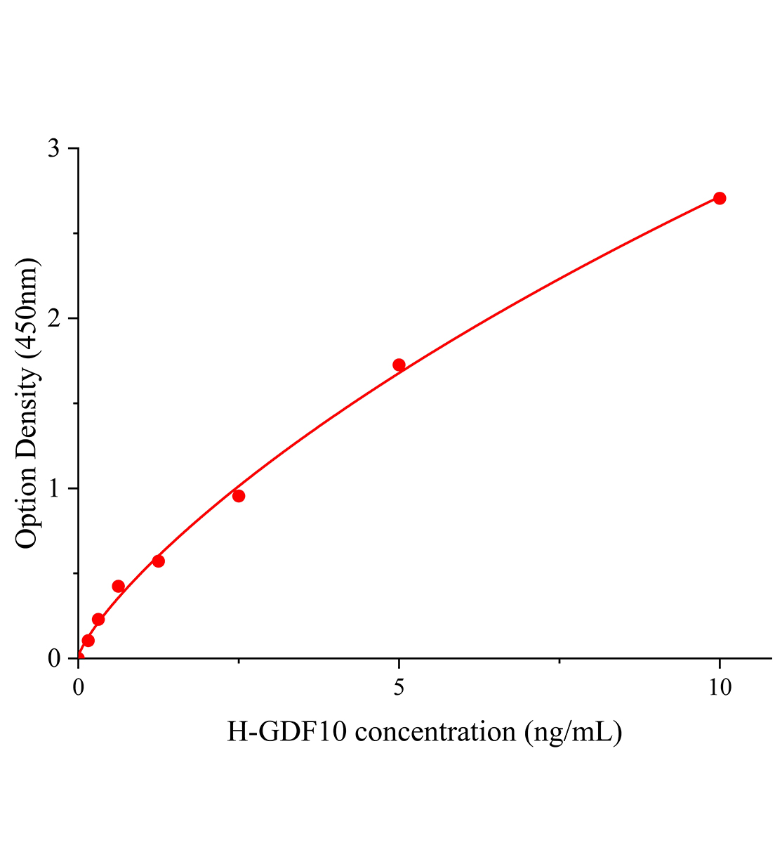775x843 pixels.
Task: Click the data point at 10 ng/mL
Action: (719, 198)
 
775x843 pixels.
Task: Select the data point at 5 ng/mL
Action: (399, 365)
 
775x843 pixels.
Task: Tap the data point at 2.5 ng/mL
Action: (239, 496)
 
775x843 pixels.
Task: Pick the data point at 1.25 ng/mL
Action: (159, 561)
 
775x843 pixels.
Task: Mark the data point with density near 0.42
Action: (119, 587)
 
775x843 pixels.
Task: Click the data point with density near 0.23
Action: (98, 620)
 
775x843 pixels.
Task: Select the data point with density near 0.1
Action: (88, 641)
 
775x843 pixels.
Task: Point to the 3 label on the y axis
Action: (53, 149)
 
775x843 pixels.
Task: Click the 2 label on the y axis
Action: (53, 319)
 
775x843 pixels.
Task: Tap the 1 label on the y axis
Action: (53, 489)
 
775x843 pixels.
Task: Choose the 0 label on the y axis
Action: (53, 659)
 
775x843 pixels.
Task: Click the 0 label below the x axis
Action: (79, 688)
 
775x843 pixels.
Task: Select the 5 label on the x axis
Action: (399, 688)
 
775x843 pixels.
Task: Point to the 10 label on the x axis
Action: (719, 688)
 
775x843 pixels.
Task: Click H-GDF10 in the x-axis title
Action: (287, 733)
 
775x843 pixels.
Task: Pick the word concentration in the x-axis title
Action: (435, 733)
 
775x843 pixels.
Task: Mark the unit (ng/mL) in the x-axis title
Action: (573, 733)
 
